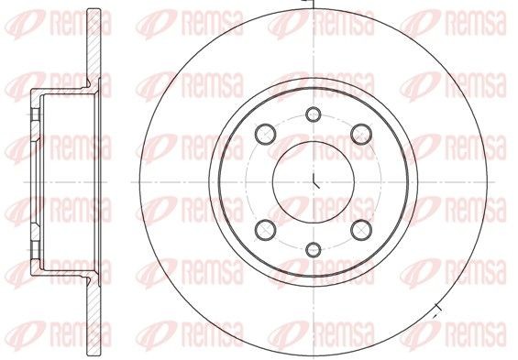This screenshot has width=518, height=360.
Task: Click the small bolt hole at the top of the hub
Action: tap(314, 115)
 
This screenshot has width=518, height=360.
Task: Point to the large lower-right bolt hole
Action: tap(358, 228)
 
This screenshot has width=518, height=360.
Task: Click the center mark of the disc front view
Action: tap(314, 180)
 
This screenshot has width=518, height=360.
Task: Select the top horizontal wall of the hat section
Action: tap(61, 93)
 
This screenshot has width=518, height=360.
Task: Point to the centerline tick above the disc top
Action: tap(314, 4)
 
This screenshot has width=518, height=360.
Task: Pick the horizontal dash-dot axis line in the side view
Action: tap(64, 180)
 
